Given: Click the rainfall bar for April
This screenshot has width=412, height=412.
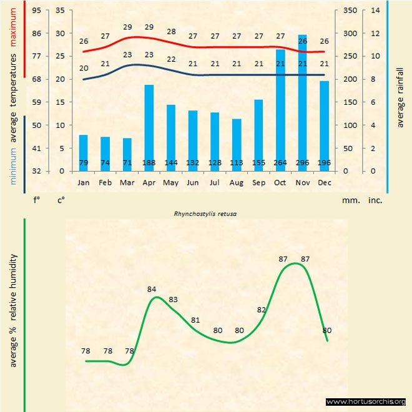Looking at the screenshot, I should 149,128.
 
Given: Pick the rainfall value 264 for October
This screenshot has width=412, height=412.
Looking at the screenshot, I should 280,164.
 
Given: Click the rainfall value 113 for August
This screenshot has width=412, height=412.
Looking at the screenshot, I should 237,164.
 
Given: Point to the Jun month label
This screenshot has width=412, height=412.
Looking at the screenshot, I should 193,183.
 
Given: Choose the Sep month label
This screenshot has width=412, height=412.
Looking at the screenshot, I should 258,183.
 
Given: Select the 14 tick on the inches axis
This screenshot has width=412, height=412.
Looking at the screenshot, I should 375,11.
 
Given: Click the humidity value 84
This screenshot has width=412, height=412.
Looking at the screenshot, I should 152,289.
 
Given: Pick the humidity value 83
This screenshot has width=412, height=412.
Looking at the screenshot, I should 174,300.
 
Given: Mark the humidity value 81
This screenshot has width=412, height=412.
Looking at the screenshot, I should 195,320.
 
